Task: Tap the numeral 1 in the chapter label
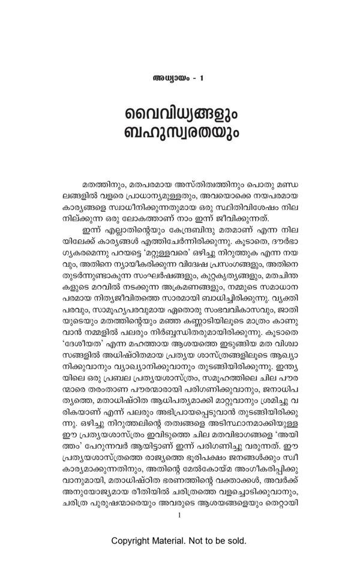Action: click(202, 79)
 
